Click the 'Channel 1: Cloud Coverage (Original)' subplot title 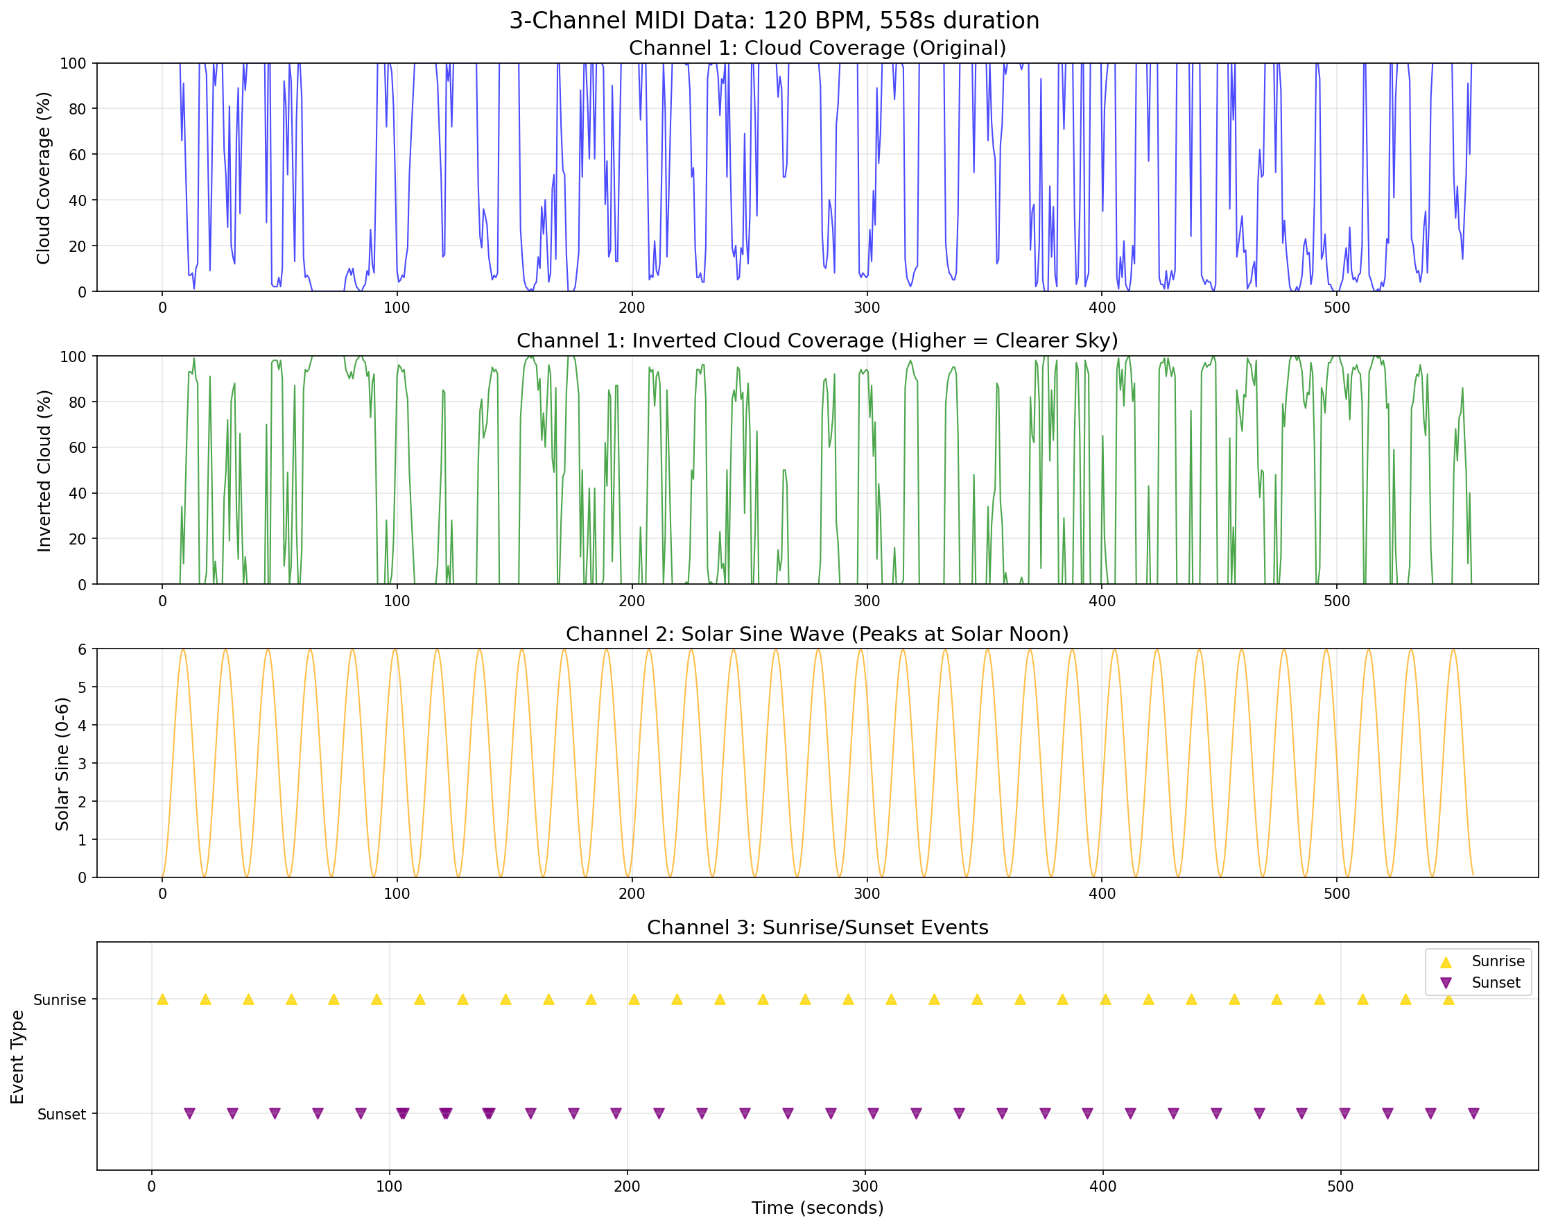coord(817,48)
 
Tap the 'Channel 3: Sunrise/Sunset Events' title coord(817,927)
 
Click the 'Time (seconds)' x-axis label coord(817,1208)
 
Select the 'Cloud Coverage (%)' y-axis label coord(44,178)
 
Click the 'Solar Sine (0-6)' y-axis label coord(62,764)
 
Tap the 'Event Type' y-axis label coord(17,1057)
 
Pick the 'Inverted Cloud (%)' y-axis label coord(44,470)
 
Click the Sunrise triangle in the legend coord(1446,962)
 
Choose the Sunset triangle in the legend coord(1446,983)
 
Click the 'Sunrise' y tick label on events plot coord(60,1000)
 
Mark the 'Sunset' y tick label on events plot coord(62,1114)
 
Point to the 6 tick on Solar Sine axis coord(82,649)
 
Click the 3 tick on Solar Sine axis coord(82,764)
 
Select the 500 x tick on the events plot coord(1340,1186)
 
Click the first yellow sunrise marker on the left coord(162,999)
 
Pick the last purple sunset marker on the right coord(1473,1113)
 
